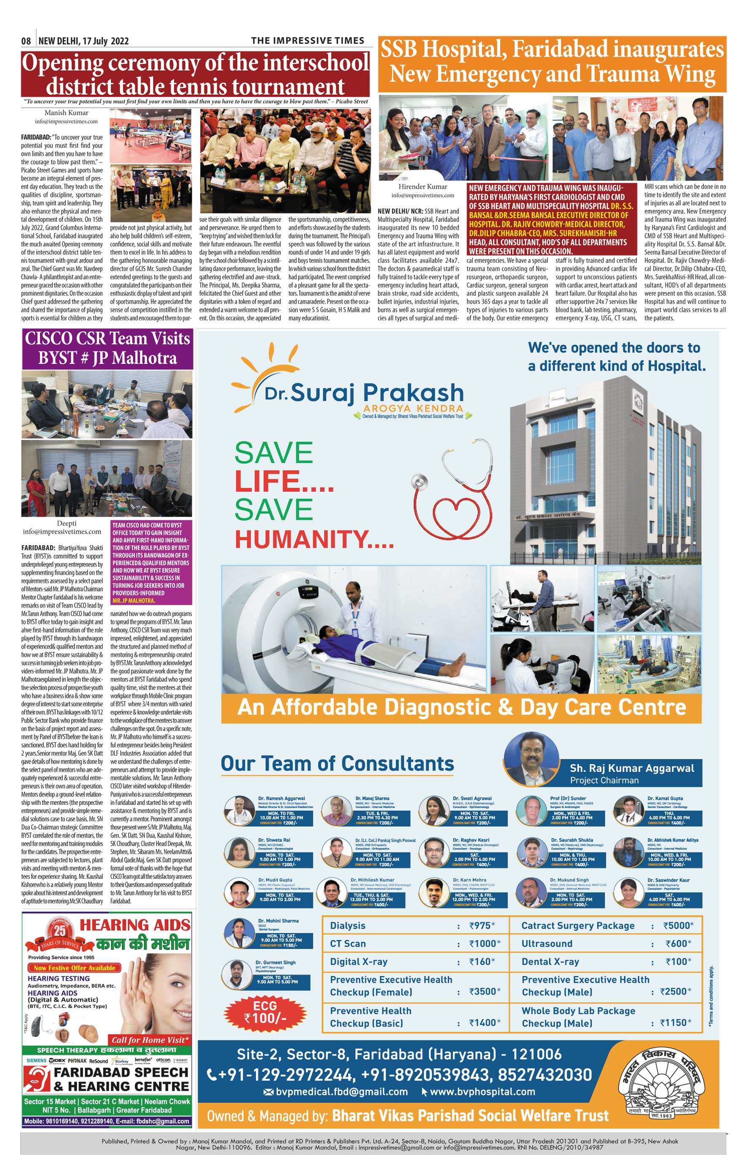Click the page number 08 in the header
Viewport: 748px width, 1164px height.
tap(26, 41)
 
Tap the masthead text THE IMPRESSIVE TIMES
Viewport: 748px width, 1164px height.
tap(308, 41)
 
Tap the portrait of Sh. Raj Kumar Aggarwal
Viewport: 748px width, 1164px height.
tap(531, 759)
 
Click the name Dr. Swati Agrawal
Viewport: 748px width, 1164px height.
tap(472, 798)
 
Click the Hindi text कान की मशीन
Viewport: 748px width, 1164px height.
tap(143, 944)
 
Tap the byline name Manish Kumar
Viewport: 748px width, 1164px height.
tap(67, 112)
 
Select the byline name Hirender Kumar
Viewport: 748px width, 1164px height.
tap(423, 187)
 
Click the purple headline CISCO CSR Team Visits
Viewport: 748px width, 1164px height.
tap(107, 338)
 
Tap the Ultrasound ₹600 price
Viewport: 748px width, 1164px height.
tap(678, 944)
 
